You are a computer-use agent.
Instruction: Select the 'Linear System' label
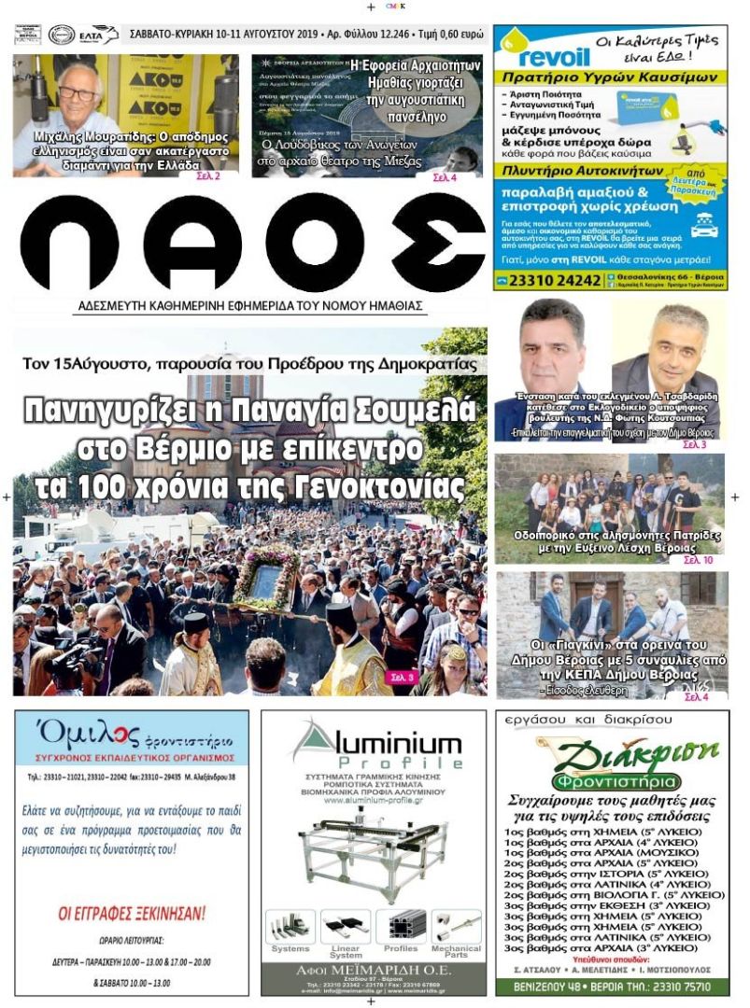pos(345,951)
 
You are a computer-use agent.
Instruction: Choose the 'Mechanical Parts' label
pos(456,951)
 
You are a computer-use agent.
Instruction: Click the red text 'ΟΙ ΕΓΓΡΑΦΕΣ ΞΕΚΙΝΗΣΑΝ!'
pos(132,913)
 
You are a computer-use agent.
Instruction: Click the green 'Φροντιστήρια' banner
pos(612,781)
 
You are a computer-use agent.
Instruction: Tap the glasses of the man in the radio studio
pos(78,93)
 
